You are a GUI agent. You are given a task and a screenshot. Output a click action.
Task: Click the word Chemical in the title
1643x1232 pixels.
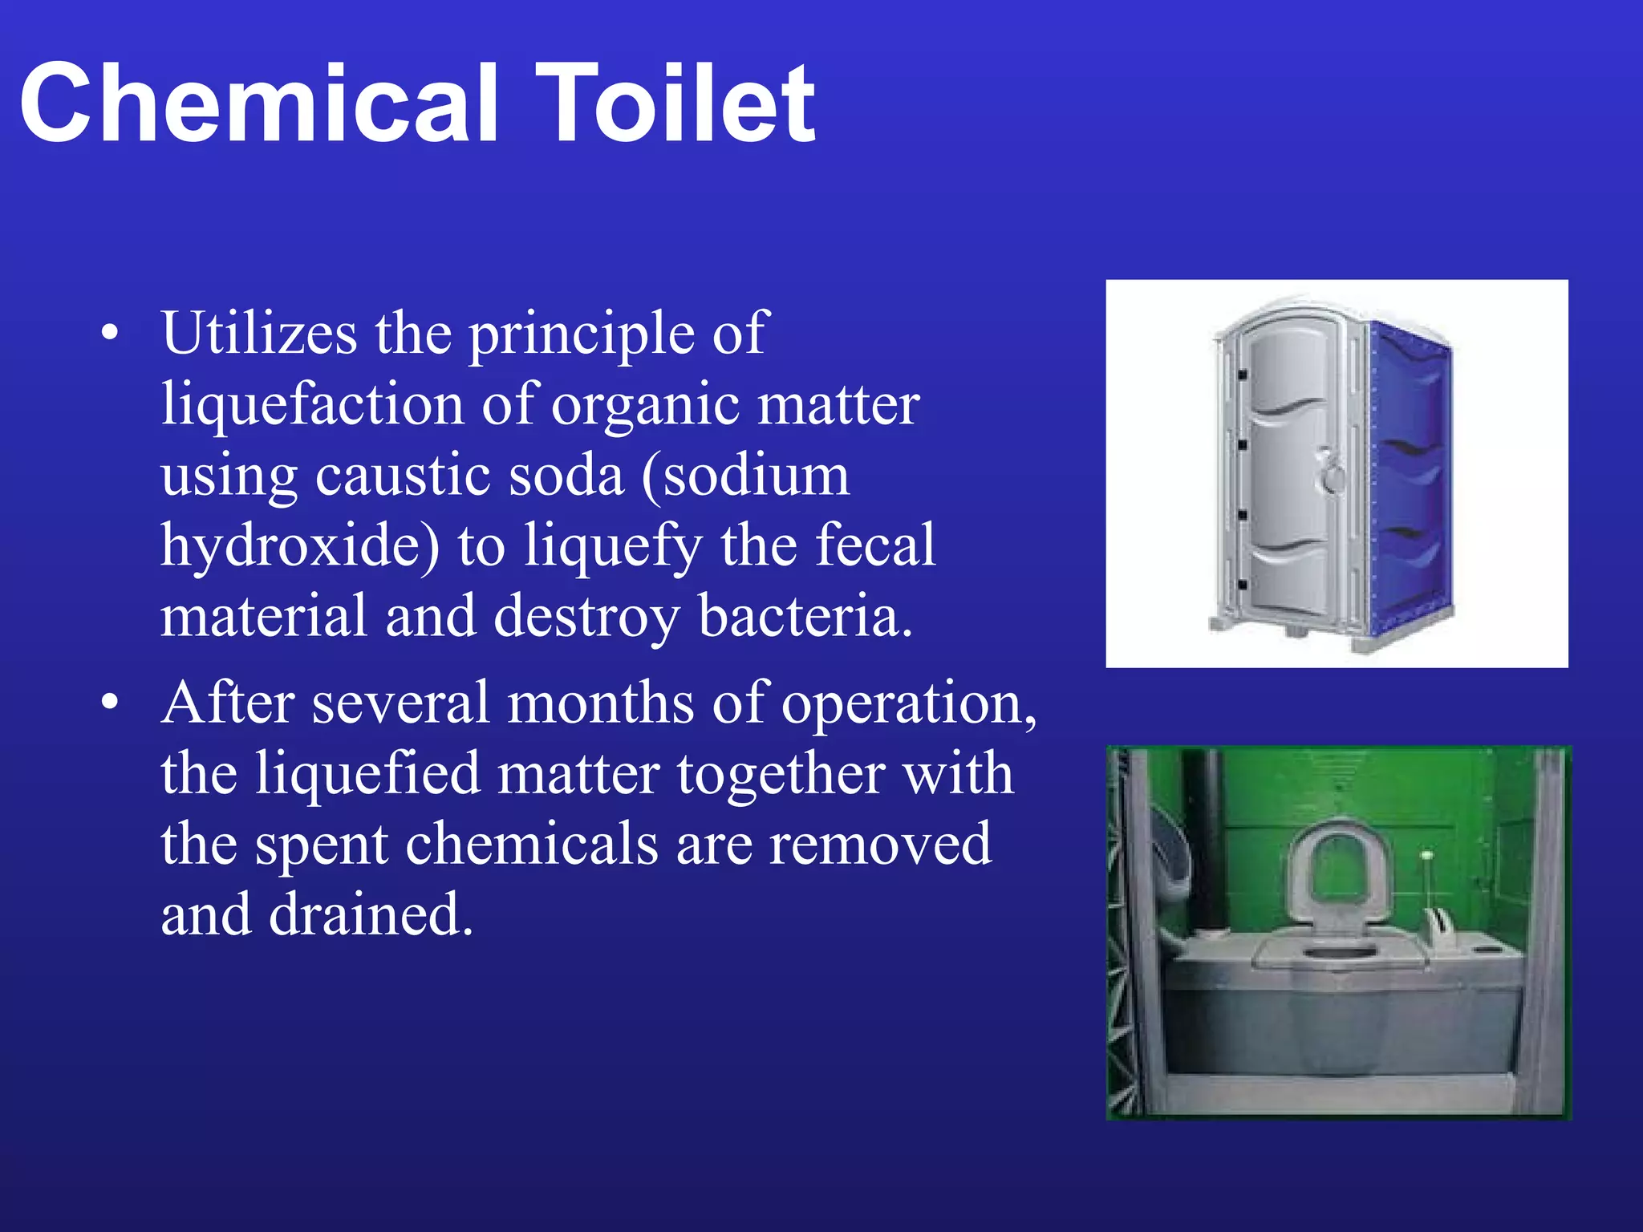[x=258, y=104]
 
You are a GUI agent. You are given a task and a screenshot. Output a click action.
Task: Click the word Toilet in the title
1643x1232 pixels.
[x=675, y=104]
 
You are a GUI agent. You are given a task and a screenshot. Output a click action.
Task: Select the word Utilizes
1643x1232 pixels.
[x=258, y=333]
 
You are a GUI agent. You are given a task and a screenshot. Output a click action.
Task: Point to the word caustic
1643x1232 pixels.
[x=405, y=475]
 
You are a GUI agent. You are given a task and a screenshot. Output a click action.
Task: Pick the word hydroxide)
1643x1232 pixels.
[x=300, y=545]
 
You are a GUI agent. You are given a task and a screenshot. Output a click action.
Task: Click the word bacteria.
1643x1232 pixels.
[x=805, y=616]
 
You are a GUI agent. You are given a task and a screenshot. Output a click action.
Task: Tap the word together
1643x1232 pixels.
[x=781, y=774]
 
